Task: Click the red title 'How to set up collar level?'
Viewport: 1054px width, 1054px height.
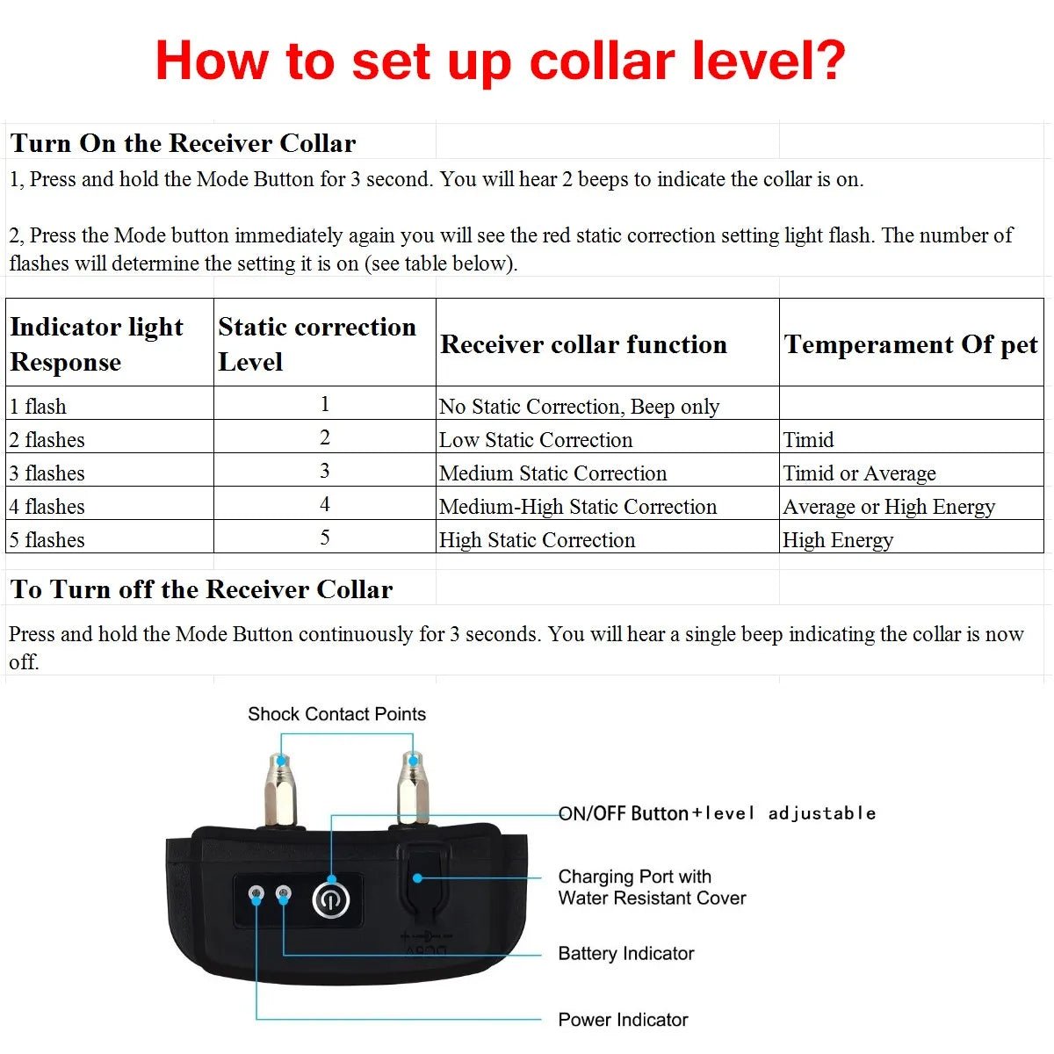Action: click(x=500, y=61)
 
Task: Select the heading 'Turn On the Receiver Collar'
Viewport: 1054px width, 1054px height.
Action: click(x=183, y=143)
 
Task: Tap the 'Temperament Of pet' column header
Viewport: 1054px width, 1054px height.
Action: click(x=910, y=344)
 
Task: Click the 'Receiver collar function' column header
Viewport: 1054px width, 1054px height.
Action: click(x=583, y=344)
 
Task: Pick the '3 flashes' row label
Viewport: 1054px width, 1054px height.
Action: click(x=47, y=473)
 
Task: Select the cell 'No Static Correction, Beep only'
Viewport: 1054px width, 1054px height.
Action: click(x=579, y=407)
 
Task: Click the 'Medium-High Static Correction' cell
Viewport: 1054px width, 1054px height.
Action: click(x=578, y=507)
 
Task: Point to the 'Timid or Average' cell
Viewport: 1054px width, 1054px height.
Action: click(x=859, y=473)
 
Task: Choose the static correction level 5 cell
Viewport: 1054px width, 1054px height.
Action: click(x=325, y=538)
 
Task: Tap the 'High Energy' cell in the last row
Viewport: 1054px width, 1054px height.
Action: click(x=838, y=540)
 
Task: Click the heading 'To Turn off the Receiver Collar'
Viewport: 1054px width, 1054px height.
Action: click(x=201, y=589)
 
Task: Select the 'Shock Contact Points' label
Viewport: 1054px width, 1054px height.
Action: click(x=336, y=714)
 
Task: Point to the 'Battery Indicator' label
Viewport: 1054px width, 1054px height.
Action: click(x=626, y=954)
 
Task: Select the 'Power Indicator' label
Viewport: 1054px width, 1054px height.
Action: click(x=623, y=1020)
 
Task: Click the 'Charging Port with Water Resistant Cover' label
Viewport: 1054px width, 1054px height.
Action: click(x=652, y=887)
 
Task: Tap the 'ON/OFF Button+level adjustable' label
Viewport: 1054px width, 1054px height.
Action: click(x=717, y=813)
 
